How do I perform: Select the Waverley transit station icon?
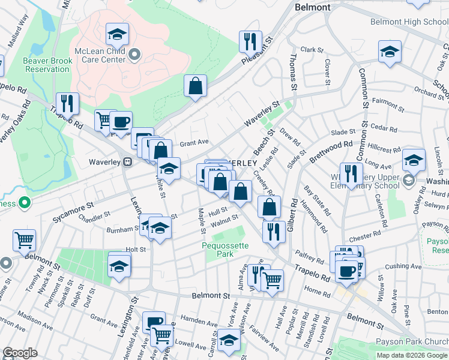(127, 162)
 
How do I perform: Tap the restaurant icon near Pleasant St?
(248, 41)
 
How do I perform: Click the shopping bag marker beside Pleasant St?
(195, 86)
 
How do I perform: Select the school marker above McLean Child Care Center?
(117, 34)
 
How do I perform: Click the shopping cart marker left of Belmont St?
(24, 241)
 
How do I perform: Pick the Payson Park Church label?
(409, 341)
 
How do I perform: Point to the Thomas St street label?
(294, 71)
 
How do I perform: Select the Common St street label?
(363, 88)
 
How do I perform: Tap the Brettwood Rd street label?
(331, 152)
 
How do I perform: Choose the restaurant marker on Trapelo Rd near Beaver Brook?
(67, 104)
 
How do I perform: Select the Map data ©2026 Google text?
(411, 355)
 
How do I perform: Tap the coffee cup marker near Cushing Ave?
(346, 270)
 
